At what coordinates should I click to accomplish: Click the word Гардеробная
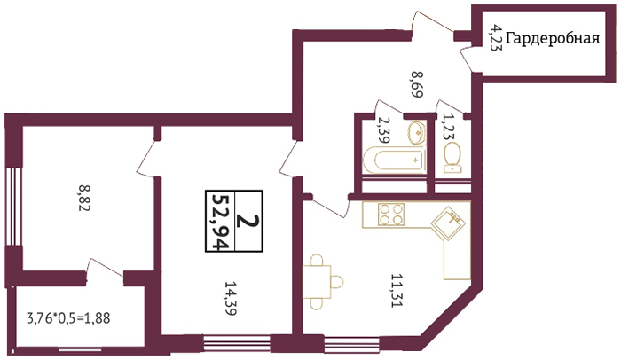[553, 39]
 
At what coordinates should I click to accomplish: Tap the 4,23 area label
[495, 37]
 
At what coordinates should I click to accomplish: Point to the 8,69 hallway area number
[418, 84]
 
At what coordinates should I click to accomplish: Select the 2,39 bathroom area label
[384, 129]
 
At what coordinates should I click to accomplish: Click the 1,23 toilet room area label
[449, 127]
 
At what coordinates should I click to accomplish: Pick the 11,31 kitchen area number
[397, 290]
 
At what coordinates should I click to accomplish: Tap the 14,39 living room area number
[231, 298]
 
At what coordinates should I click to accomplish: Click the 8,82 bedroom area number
[84, 198]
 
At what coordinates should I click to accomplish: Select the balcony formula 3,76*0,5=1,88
[68, 318]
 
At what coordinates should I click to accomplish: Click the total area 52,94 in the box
[221, 222]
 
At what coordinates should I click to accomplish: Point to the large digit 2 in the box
[248, 222]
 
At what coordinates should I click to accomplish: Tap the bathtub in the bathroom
[395, 160]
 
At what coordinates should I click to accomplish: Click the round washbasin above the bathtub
[416, 133]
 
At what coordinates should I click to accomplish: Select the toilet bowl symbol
[452, 158]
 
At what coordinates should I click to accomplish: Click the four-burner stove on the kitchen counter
[391, 215]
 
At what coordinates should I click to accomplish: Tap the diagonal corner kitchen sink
[448, 223]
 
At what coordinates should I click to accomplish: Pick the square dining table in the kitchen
[317, 282]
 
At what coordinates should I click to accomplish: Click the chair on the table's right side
[337, 282]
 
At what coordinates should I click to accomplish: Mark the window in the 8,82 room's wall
[13, 207]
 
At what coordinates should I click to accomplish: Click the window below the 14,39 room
[237, 343]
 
